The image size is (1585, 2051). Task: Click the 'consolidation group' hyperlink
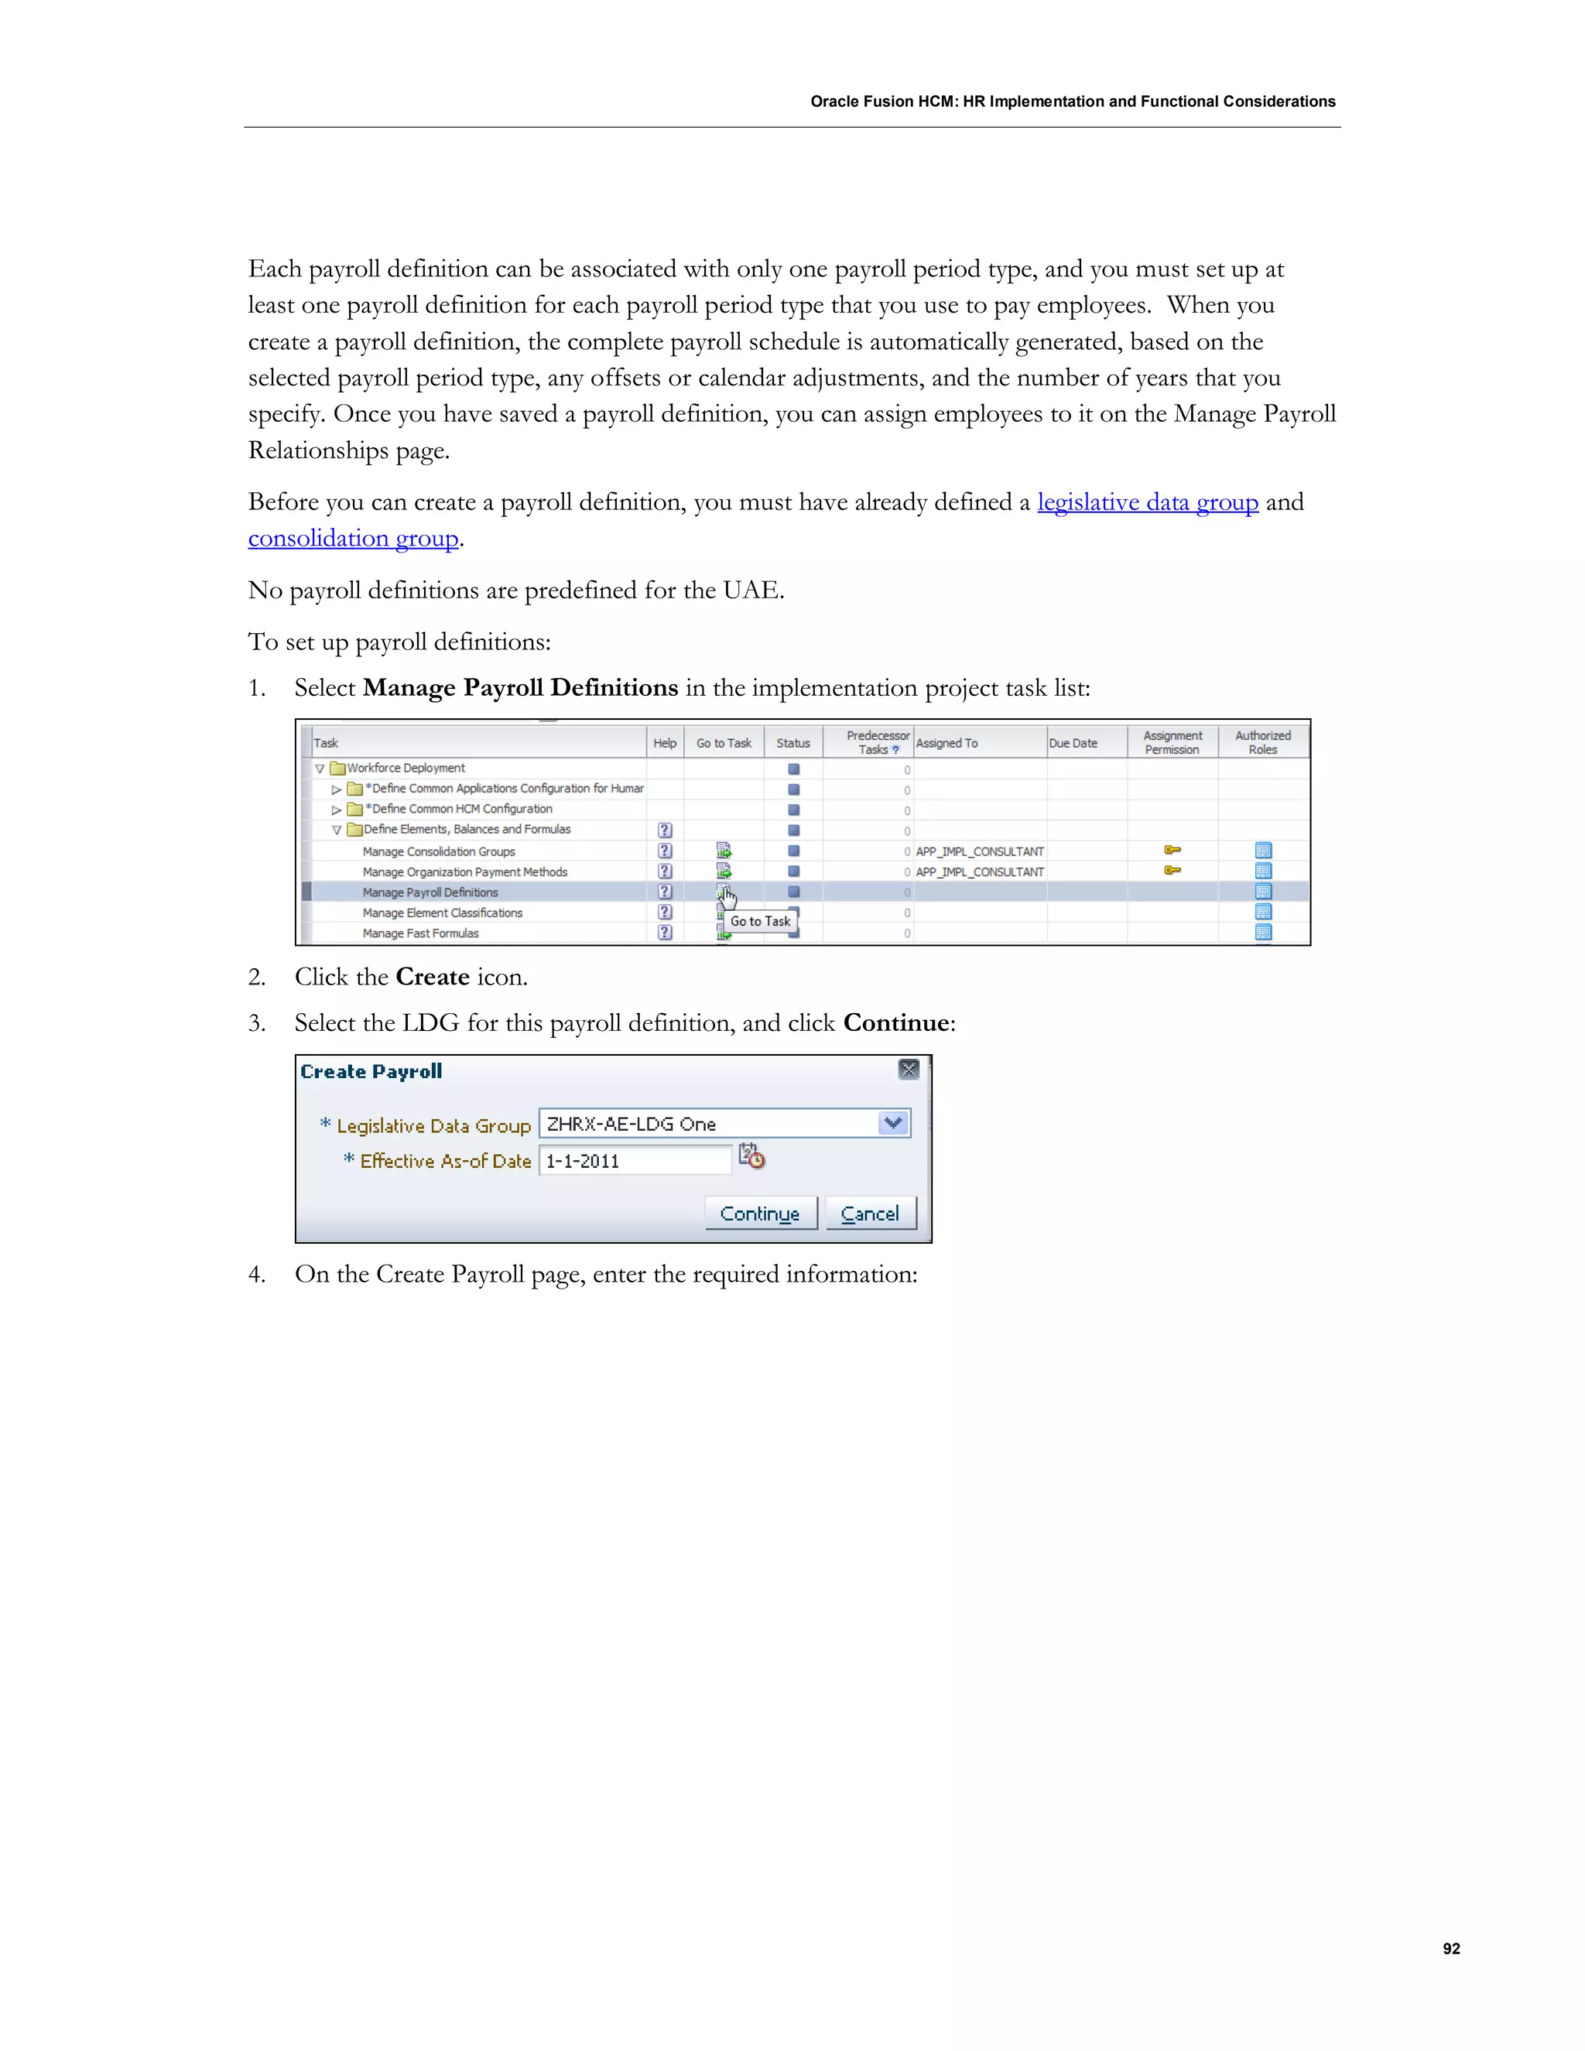click(x=353, y=538)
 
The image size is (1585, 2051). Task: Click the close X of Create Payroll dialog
click(x=908, y=1069)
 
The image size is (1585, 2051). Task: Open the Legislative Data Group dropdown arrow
click(x=893, y=1123)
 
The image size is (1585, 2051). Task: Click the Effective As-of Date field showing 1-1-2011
click(x=634, y=1161)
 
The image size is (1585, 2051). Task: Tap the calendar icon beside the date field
click(x=751, y=1156)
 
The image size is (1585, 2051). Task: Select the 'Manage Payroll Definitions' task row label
click(x=430, y=892)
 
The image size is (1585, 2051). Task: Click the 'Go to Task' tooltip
click(x=760, y=921)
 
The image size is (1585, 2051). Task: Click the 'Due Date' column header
click(x=1073, y=743)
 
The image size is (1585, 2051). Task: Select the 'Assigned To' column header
click(x=947, y=743)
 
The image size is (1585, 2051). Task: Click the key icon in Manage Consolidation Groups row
click(x=1172, y=850)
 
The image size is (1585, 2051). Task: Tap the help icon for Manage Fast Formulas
click(x=665, y=933)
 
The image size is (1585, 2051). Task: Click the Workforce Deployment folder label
click(x=406, y=769)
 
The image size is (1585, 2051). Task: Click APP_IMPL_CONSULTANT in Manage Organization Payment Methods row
click(x=979, y=871)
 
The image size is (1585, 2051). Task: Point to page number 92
click(x=1451, y=1949)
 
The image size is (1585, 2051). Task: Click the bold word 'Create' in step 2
click(x=432, y=977)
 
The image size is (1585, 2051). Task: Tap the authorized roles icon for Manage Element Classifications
click(x=1263, y=912)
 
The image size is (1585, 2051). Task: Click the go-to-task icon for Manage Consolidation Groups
click(x=723, y=851)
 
